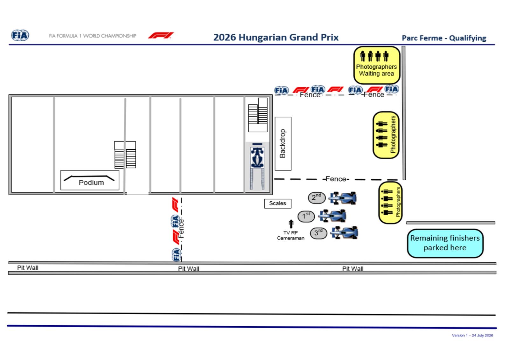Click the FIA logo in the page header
click(x=20, y=35)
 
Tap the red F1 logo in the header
click(x=161, y=35)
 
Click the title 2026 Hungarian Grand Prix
click(x=276, y=37)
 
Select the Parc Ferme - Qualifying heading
click(x=444, y=38)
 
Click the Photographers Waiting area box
click(x=377, y=65)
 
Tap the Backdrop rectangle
click(x=283, y=143)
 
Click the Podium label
click(x=91, y=183)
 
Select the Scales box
click(x=278, y=203)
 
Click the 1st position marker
click(x=306, y=216)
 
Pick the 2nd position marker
click(x=317, y=197)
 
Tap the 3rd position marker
click(x=318, y=233)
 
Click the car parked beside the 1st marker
click(x=332, y=216)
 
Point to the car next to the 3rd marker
click(x=344, y=232)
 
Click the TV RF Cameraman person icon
click(x=291, y=224)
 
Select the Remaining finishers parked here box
click(x=445, y=243)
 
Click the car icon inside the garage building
click(x=257, y=157)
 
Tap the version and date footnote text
click(x=472, y=335)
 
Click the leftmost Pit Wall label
click(x=28, y=268)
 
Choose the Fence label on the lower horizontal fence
click(x=336, y=179)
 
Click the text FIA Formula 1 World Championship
click(x=93, y=36)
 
